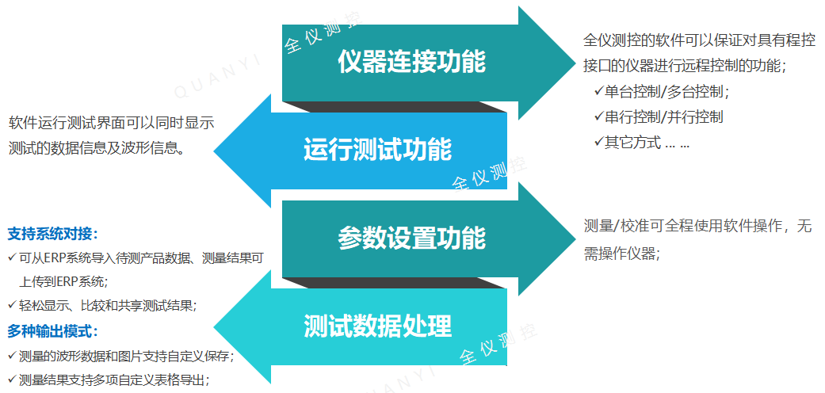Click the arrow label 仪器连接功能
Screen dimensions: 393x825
[411, 61]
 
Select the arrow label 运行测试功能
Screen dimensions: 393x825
[377, 149]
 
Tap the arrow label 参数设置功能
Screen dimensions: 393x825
[411, 237]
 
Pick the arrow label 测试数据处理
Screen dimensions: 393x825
[377, 325]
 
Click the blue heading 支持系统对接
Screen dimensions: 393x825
[52, 235]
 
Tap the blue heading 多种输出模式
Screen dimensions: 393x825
[52, 331]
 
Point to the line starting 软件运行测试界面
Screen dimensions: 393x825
[112, 123]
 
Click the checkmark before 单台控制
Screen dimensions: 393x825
[598, 91]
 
